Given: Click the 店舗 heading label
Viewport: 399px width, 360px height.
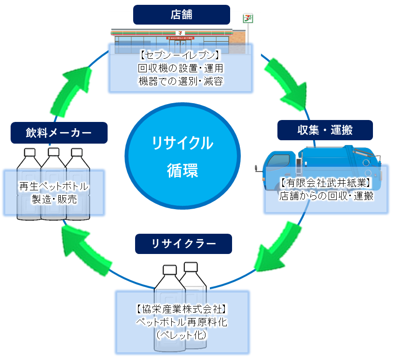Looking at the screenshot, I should (x=181, y=14).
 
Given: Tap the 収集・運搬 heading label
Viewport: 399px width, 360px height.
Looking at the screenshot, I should (x=325, y=130).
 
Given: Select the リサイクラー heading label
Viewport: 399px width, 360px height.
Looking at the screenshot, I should (x=183, y=244).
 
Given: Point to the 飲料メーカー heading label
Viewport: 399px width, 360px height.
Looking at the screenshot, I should (x=58, y=133).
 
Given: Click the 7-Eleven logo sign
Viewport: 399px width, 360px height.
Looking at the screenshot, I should (x=248, y=20).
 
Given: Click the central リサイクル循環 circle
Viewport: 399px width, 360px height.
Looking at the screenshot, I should (x=182, y=155).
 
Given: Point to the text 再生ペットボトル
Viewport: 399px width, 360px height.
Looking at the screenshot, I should (x=54, y=186).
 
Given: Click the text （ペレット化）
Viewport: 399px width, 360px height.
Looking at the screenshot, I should (x=182, y=334).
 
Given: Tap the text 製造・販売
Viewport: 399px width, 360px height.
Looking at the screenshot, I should (x=54, y=199).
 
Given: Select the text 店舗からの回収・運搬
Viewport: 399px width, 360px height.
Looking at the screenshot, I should (x=326, y=196).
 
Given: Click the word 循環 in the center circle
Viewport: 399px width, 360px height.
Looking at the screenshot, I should (x=182, y=170).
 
